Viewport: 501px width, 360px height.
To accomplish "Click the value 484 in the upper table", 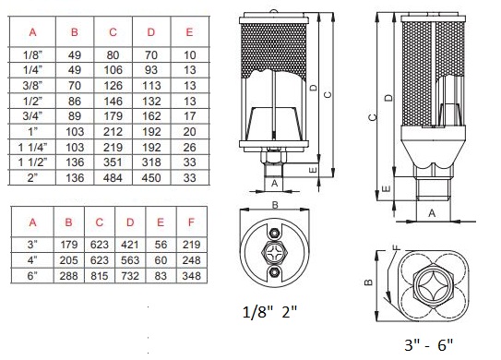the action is pyautogui.click(x=113, y=178).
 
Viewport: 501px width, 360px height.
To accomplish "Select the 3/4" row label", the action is pyautogui.click(x=32, y=116).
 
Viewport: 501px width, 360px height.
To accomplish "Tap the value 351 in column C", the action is pyautogui.click(x=113, y=162).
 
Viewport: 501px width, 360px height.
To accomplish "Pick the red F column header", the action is pyautogui.click(x=191, y=222).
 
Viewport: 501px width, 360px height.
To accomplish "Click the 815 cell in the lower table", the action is pyautogui.click(x=100, y=276).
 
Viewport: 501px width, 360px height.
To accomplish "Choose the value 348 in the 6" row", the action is pyautogui.click(x=191, y=276).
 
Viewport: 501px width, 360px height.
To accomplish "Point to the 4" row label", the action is pyautogui.click(x=32, y=260).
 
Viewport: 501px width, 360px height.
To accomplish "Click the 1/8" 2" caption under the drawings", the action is pyautogui.click(x=270, y=311).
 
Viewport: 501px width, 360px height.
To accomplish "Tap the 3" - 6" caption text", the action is pyautogui.click(x=429, y=344).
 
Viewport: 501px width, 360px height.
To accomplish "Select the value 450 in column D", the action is pyautogui.click(x=151, y=178).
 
